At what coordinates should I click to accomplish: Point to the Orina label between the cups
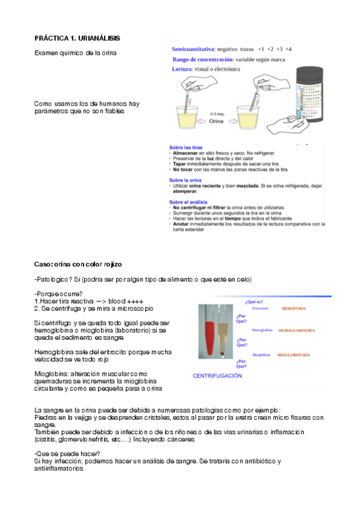point(215,120)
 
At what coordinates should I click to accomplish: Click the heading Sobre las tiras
point(186,147)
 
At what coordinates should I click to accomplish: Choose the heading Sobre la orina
point(186,180)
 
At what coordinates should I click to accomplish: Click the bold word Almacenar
point(186,153)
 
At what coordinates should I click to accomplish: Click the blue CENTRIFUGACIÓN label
point(217,376)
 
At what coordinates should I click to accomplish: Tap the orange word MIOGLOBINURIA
point(293,355)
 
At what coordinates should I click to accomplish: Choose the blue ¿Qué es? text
point(254,301)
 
